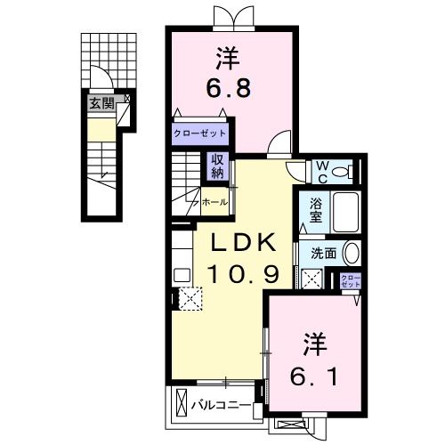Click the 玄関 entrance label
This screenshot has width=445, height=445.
point(101,103)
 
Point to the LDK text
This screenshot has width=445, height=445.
point(239,244)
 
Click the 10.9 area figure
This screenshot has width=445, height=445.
point(239,274)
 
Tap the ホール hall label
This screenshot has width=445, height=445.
point(214,202)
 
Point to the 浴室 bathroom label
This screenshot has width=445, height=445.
point(315,210)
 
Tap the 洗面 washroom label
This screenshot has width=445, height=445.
point(322,253)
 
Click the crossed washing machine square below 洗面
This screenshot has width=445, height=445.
point(313,279)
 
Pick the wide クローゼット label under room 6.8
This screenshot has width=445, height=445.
point(200,134)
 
